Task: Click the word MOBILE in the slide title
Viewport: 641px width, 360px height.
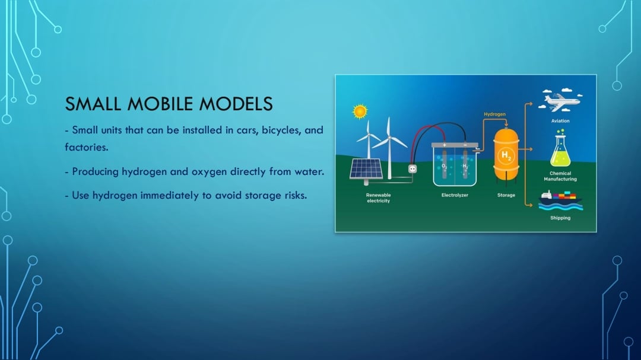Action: tap(161, 104)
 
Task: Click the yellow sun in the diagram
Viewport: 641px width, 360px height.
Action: tap(360, 111)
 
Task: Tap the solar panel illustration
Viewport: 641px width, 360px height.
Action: tap(366, 169)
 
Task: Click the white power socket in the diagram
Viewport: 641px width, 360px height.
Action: tap(412, 169)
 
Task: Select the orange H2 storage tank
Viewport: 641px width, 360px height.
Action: tap(506, 155)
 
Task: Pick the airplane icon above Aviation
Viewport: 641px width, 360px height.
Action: tap(560, 100)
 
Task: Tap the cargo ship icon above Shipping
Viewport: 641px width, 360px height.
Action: tap(560, 200)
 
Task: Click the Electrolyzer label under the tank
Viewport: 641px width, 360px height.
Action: tap(455, 195)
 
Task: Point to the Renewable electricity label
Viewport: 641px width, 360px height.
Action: tap(378, 198)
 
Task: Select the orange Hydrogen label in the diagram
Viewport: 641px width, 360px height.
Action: tap(494, 114)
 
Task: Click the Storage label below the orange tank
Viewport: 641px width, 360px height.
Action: tap(506, 195)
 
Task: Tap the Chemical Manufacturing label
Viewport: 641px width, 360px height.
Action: tap(560, 176)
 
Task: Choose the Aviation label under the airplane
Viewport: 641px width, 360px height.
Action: tap(560, 121)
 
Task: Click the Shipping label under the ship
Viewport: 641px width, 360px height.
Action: tap(560, 218)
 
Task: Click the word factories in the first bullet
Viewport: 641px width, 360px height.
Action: tap(86, 147)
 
